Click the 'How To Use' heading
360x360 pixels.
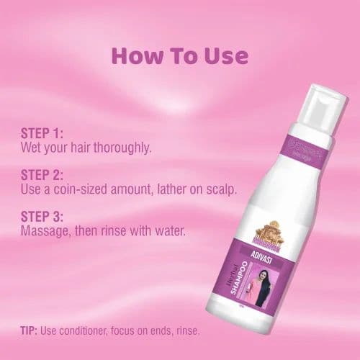point(180,55)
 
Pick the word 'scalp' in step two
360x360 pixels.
point(220,190)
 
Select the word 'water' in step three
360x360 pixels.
point(168,232)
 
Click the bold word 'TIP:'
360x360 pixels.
point(32,330)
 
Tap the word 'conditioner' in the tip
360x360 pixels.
point(94,330)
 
